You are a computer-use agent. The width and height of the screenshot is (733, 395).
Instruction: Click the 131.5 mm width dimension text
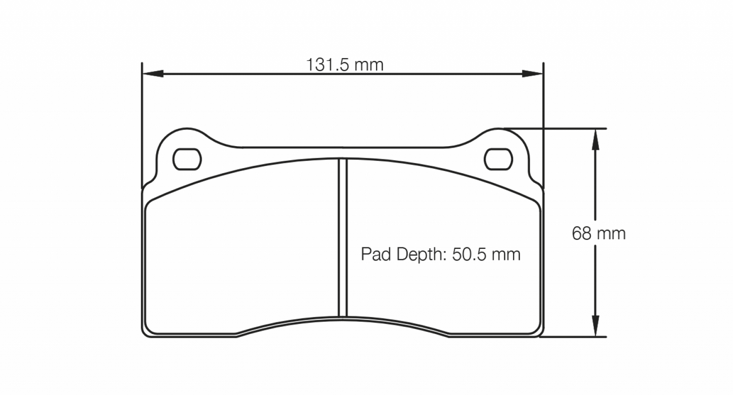click(x=344, y=65)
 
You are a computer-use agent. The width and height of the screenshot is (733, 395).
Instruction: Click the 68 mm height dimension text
click(x=599, y=234)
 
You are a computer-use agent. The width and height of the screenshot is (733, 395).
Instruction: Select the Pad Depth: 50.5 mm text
click(x=440, y=254)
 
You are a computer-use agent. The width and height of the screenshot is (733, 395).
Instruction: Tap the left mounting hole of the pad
click(x=187, y=159)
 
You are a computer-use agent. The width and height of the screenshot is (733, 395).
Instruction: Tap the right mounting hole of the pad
click(x=499, y=159)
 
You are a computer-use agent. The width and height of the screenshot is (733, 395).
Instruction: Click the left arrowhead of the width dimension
click(x=151, y=74)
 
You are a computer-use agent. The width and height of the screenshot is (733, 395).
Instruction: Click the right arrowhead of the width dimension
click(x=534, y=74)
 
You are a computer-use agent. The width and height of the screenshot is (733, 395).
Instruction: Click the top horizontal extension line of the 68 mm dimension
click(x=568, y=128)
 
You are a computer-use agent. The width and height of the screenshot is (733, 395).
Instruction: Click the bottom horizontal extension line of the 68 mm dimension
click(x=573, y=337)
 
